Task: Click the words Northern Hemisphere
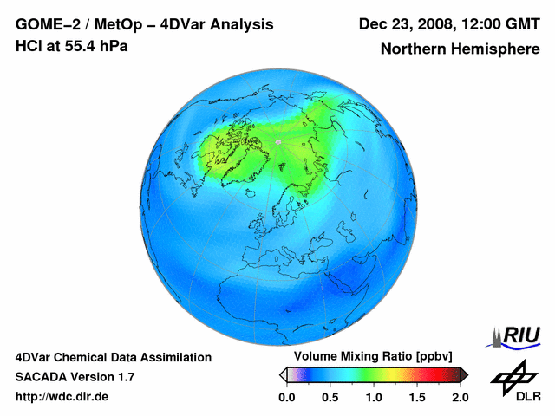coord(460,49)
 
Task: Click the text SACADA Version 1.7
coord(75,377)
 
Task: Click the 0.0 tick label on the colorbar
coord(287,397)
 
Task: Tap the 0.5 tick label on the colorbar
coord(330,397)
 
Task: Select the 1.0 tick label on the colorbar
coord(374,397)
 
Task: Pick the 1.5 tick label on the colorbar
coord(417,397)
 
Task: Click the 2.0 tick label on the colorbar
coord(460,397)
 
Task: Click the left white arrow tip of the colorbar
coord(283,374)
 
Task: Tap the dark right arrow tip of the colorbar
coord(464,374)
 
